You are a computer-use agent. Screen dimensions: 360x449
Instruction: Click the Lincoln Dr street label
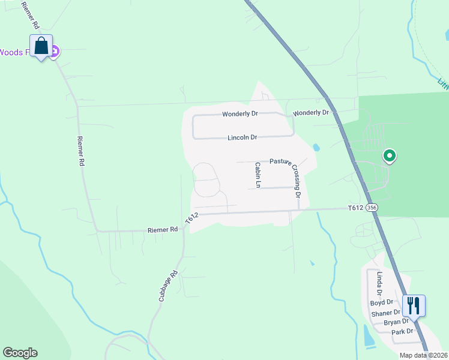pyautogui.click(x=242, y=137)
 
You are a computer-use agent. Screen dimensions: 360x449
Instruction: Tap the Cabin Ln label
pyautogui.click(x=258, y=175)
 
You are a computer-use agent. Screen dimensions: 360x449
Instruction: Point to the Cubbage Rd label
pyautogui.click(x=169, y=286)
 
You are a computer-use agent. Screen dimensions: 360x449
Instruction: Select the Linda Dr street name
pyautogui.click(x=379, y=284)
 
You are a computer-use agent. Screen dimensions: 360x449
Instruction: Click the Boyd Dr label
pyautogui.click(x=381, y=302)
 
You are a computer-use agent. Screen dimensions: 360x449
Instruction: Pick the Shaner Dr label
pyautogui.click(x=385, y=313)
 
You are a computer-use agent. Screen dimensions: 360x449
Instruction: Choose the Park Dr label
pyautogui.click(x=402, y=331)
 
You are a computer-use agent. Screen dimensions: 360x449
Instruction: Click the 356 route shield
pyautogui.click(x=372, y=208)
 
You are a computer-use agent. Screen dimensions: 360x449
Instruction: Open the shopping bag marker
pyautogui.click(x=41, y=46)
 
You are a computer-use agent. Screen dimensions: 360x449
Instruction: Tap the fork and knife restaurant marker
pyautogui.click(x=414, y=305)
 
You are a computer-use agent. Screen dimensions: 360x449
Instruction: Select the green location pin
pyautogui.click(x=389, y=156)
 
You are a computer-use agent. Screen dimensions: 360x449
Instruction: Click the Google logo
pyautogui.click(x=20, y=353)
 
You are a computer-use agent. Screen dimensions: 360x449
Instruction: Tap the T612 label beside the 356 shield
pyautogui.click(x=356, y=208)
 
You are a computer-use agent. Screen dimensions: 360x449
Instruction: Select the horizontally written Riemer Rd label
pyautogui.click(x=163, y=230)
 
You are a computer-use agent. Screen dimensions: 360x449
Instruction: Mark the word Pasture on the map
pyautogui.click(x=280, y=161)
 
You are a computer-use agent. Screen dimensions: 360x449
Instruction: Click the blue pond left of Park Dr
pyautogui.click(x=368, y=335)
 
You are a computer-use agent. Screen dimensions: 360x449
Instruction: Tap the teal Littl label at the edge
pyautogui.click(x=443, y=84)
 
